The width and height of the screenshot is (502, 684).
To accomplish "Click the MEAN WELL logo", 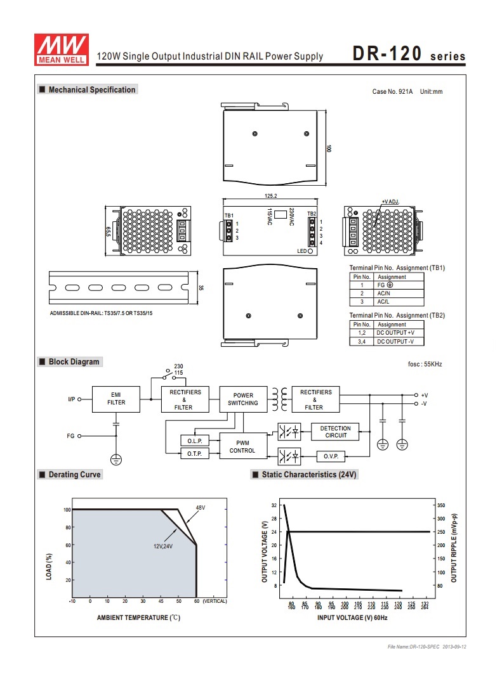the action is pos(62,49).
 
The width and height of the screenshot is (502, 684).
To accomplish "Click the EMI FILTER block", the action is pos(116,399).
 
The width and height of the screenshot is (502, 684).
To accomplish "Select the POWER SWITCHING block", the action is pos(243,399).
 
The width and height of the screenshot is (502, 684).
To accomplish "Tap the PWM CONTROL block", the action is pos(243,446).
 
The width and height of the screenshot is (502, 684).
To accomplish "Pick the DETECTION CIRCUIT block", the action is pos(335,432).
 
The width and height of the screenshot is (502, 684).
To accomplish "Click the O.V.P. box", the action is pos(331,456).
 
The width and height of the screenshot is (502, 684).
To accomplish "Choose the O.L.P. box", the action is pos(194,441).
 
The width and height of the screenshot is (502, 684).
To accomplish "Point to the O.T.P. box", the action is pos(194,454).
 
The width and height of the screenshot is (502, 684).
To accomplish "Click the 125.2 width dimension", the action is pos(270,196).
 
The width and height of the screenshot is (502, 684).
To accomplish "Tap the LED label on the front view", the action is pos(302,251).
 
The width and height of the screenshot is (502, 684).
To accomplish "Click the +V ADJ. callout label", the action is pos(390,202).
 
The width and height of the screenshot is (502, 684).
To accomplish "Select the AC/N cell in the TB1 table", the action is pos(383,294).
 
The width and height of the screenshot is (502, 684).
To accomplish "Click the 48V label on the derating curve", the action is pos(200,508).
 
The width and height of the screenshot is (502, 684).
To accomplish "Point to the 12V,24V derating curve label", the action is pos(163,546).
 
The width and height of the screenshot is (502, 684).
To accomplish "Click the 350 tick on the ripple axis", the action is pos(441,505).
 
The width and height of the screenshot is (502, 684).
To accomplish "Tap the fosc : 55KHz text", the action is pos(425,365).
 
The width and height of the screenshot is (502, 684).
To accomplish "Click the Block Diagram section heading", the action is pos(74,361).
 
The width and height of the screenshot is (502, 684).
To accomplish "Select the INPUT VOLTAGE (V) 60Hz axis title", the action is pos(352,617).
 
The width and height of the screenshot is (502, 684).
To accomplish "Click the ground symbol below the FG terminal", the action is pos(116,460).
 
